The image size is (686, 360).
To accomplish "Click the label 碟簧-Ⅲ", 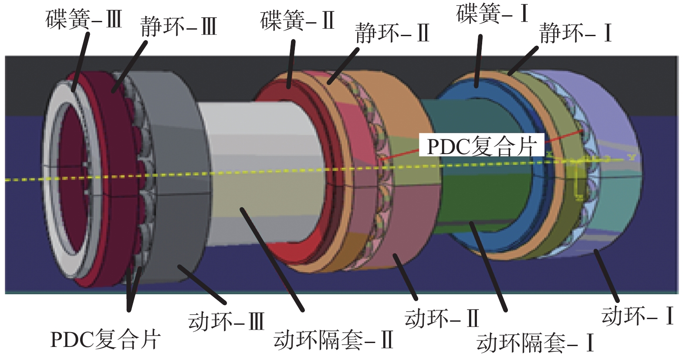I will coord(84,20).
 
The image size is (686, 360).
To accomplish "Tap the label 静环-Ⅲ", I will coord(179,27).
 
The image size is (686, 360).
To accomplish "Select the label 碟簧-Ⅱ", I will coord(297,20).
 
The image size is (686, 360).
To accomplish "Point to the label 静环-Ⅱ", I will coord(392,33).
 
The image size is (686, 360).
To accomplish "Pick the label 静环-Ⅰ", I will coord(575,33).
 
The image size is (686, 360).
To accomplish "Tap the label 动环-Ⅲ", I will coord(226,322).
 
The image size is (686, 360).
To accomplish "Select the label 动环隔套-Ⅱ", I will coord(334,340).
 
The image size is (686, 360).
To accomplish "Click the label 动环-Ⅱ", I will coord(442,318).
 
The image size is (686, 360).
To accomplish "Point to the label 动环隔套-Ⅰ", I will coord(535,343).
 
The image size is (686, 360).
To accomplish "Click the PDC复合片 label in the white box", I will coord(481,146).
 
